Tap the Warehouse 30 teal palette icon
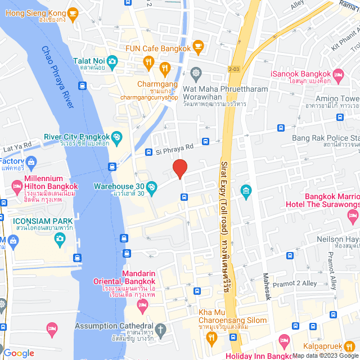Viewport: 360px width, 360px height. (151, 186)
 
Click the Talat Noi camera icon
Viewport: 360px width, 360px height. (112, 60)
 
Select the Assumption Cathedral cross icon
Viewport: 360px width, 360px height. (161, 329)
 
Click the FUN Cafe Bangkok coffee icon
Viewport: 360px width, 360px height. (197, 45)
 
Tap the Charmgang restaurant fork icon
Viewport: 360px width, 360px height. (165, 70)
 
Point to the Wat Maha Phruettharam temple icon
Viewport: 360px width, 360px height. (196, 72)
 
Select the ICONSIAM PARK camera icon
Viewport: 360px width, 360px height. (60, 239)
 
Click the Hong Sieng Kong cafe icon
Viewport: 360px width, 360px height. (72, 12)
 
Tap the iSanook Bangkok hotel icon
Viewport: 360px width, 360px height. (339, 74)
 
